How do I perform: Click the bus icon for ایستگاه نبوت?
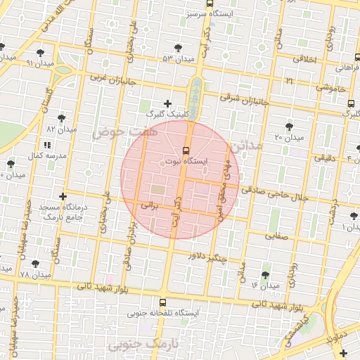click(186, 150)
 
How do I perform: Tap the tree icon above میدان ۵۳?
click(178, 48)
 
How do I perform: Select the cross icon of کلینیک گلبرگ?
click(167, 103)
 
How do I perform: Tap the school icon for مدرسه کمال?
click(47, 144)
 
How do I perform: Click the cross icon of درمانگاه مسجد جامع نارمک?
click(63, 195)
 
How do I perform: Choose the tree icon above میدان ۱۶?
click(265, 274)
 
